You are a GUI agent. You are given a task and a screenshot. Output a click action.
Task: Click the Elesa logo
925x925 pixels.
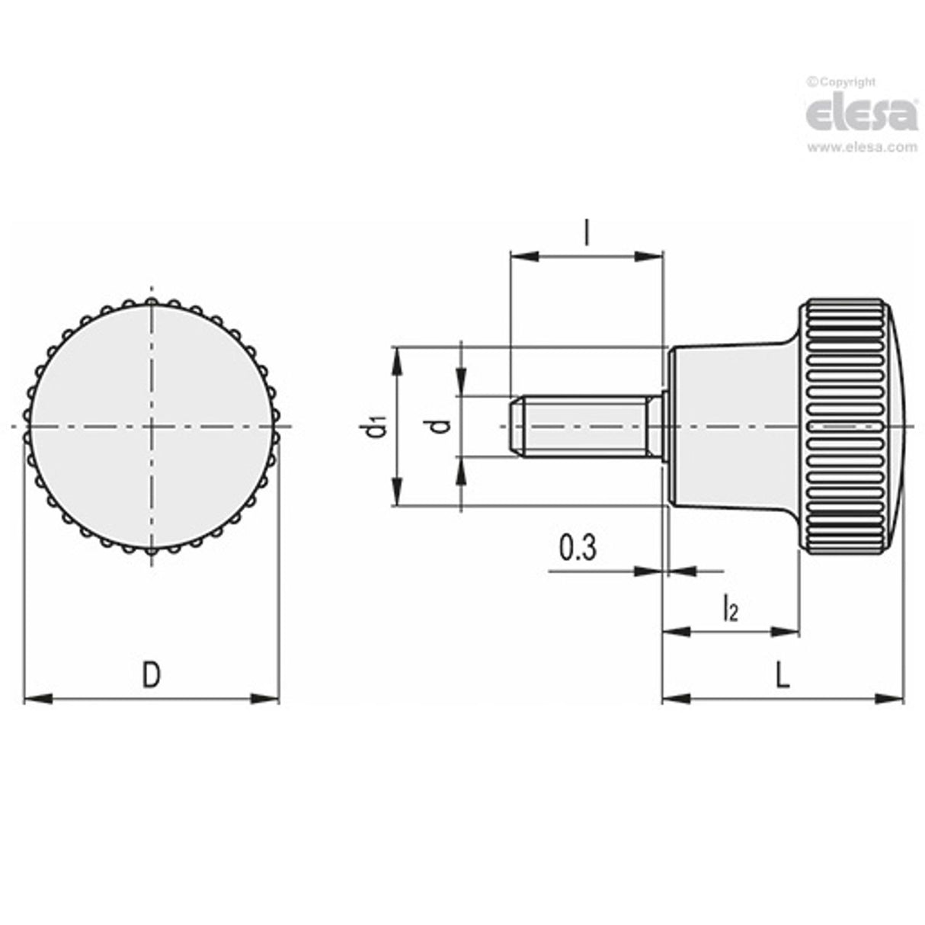862,114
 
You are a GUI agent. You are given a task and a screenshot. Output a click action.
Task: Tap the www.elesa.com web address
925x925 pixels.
862,148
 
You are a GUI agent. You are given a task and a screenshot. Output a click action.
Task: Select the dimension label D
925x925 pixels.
152,675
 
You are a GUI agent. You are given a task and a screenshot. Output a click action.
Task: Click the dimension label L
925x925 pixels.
783,675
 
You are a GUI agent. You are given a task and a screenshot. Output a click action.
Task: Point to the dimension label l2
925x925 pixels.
729,610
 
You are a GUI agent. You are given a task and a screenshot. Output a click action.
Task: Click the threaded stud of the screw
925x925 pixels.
583,427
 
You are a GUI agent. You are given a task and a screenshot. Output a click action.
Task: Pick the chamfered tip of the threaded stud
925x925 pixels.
516,427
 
